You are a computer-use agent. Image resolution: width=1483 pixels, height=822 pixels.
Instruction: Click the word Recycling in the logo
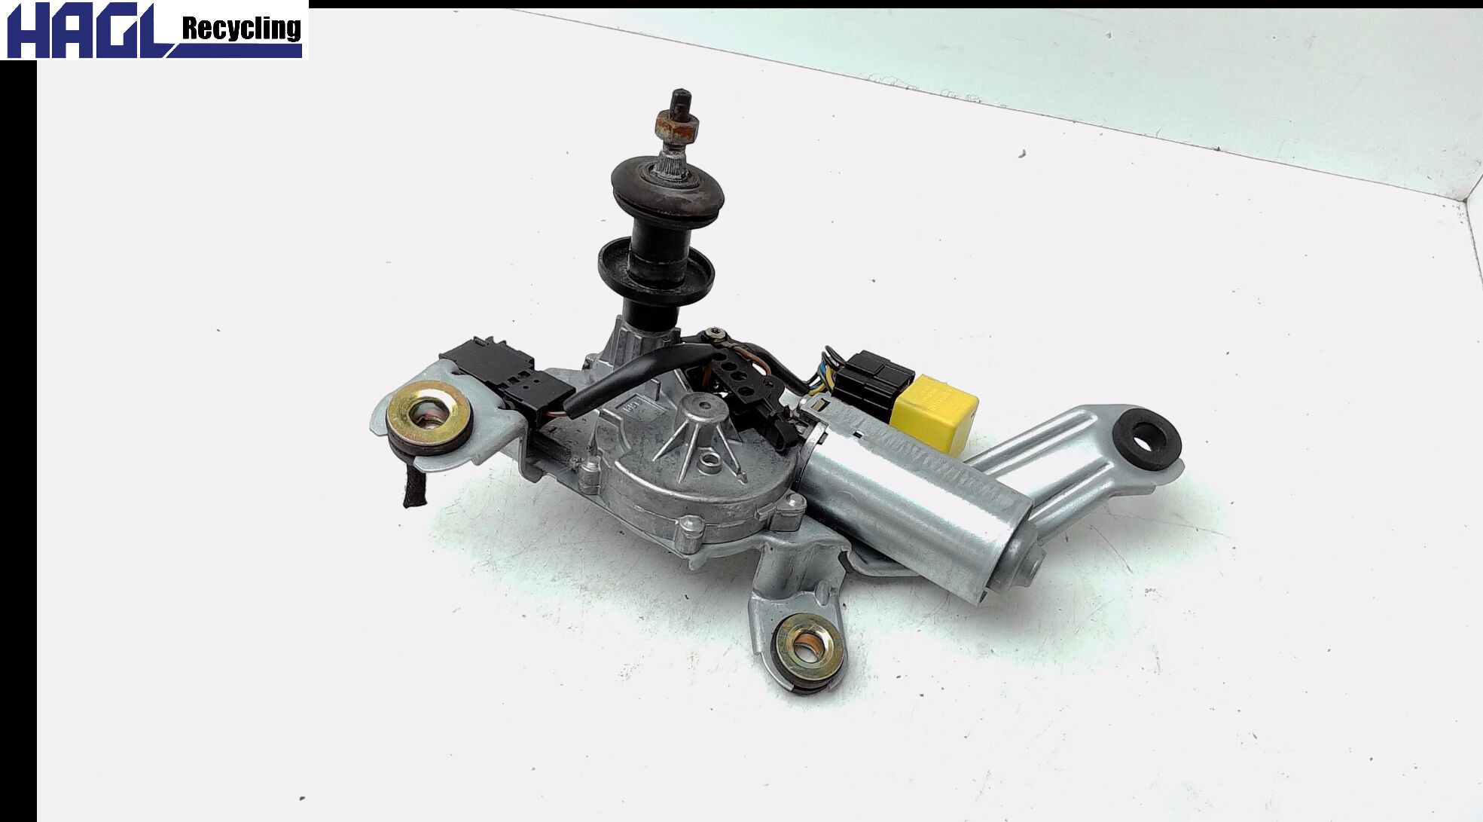[242, 29]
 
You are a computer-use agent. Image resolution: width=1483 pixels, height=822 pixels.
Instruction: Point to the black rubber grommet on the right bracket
[1146, 436]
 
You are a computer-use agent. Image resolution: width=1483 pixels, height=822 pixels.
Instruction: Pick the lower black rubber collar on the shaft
[656, 268]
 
